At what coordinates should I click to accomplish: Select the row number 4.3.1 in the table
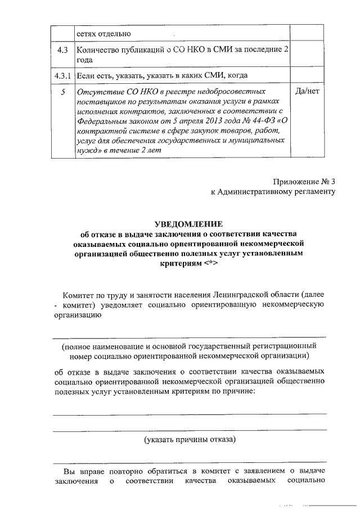(x=62, y=75)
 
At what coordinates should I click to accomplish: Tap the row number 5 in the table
(x=63, y=91)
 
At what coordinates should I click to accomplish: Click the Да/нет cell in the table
(x=307, y=91)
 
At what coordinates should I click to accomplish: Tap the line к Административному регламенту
(x=273, y=192)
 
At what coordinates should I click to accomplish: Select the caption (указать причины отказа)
(x=189, y=439)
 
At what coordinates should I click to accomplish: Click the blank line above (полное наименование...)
(x=189, y=338)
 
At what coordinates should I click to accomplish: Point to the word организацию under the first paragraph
(x=77, y=316)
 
